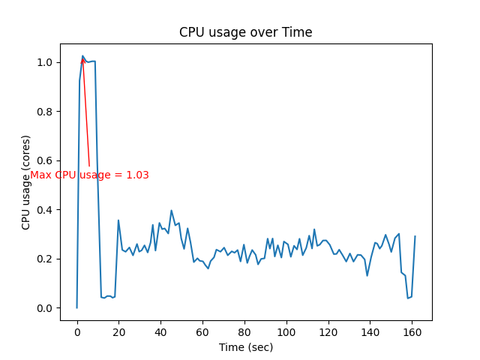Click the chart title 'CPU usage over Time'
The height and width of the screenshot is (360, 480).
click(245, 32)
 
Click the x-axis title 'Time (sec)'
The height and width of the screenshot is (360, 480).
click(245, 347)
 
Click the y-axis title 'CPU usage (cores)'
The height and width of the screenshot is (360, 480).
click(26, 182)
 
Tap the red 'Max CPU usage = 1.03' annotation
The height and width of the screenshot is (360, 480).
click(89, 175)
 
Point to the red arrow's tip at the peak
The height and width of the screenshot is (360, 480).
click(82, 57)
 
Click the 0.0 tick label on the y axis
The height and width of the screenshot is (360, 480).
click(46, 308)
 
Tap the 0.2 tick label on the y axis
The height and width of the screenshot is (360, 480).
click(46, 259)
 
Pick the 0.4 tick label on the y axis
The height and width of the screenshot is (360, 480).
click(46, 210)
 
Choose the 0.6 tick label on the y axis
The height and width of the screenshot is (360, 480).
click(46, 160)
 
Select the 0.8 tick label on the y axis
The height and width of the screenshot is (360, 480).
click(46, 112)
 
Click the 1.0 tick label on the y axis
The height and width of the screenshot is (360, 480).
click(46, 62)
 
